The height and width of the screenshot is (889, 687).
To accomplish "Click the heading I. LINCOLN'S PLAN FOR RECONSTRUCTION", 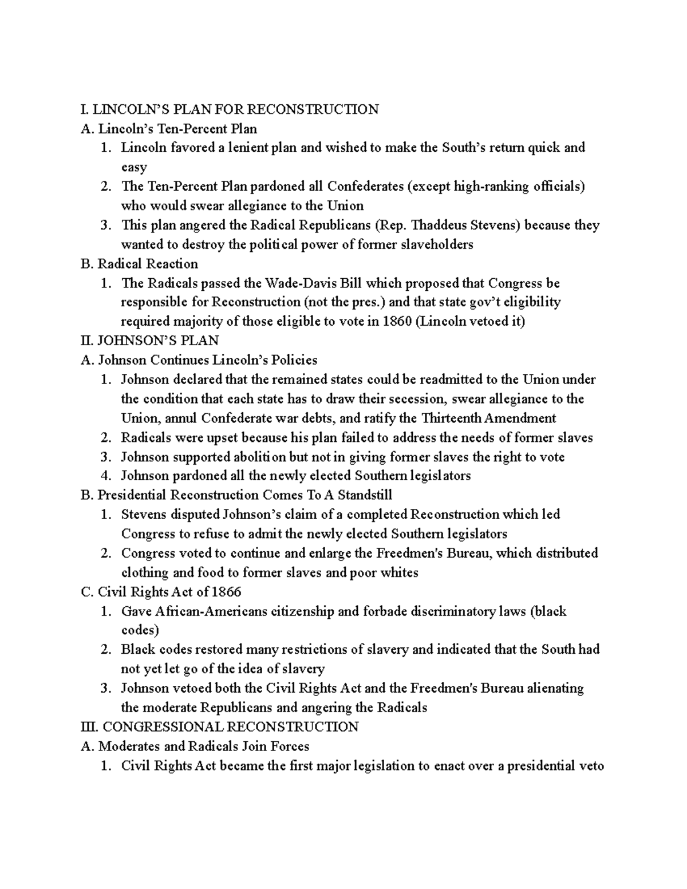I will click(230, 109).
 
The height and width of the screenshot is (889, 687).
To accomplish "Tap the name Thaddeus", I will click(437, 225).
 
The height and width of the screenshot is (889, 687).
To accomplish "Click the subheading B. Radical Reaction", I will click(140, 264).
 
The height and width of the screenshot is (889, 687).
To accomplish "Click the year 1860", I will click(396, 322).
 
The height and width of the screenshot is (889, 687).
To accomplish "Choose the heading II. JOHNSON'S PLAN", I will click(150, 341).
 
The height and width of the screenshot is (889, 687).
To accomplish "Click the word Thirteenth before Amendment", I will click(457, 418).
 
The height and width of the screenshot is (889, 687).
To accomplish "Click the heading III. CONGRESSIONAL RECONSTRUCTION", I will click(220, 727).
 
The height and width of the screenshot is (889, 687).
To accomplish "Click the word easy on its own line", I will click(134, 167).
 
